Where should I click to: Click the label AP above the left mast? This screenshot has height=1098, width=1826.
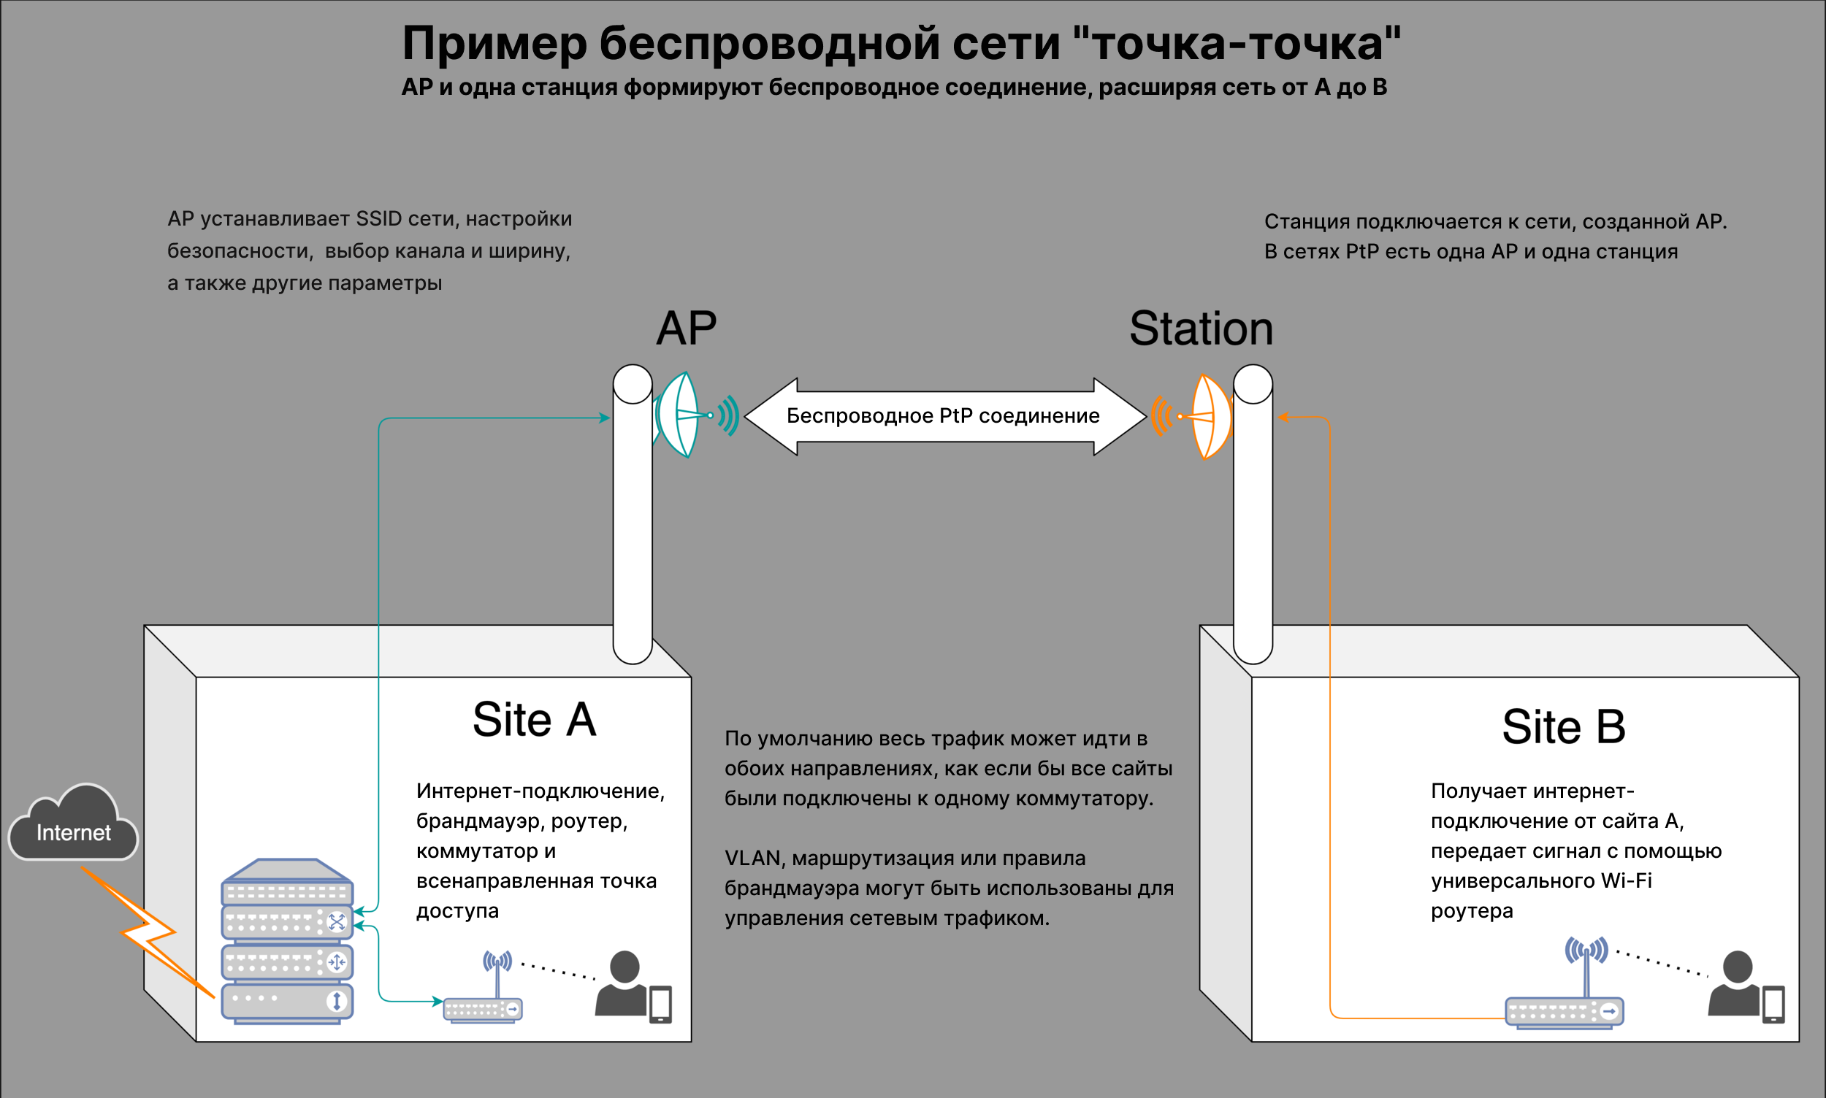[686, 329]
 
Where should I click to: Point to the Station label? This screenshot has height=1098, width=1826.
[1201, 329]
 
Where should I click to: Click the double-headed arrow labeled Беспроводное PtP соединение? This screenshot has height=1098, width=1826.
[944, 417]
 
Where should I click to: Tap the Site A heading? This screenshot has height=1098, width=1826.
[534, 720]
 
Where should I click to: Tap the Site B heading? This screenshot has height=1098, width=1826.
[1563, 726]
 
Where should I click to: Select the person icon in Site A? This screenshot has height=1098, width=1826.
[623, 984]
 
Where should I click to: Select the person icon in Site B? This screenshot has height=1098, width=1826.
[1735, 984]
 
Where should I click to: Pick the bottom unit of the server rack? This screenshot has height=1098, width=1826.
[287, 1002]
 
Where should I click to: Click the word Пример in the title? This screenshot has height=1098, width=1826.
[494, 44]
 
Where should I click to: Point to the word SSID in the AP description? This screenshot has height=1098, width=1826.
[378, 219]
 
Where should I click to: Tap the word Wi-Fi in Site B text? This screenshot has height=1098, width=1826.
[1626, 881]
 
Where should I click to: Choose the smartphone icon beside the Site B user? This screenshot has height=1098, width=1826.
[1773, 1005]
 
